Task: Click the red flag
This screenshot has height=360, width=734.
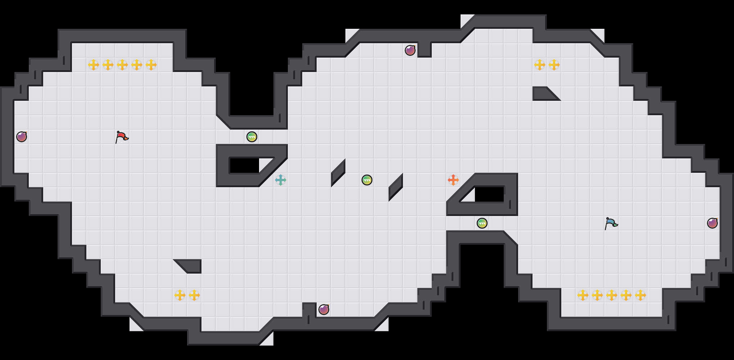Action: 122,137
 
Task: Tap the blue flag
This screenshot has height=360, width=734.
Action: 611,223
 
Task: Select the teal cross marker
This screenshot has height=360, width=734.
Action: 281,180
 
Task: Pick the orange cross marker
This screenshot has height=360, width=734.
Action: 453,180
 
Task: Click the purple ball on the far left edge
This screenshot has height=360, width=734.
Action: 22,137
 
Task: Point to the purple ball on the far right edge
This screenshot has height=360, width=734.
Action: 712,223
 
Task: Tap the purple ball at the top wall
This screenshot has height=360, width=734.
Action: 410,50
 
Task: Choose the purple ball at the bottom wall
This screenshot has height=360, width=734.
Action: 324,310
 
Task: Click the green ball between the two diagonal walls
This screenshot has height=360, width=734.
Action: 367,180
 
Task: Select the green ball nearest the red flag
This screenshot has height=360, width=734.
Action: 252,137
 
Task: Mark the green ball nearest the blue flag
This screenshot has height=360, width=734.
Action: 482,223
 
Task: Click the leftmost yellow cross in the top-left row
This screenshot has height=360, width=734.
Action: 94,65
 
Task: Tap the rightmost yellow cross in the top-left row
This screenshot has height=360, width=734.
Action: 151,65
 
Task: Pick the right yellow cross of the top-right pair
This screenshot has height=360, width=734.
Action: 554,65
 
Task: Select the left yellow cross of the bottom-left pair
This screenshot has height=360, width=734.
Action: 180,295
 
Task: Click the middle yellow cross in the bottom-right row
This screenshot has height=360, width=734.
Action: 612,295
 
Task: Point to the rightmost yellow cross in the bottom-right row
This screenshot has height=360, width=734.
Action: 640,295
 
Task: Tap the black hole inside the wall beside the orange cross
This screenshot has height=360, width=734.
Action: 489,194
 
